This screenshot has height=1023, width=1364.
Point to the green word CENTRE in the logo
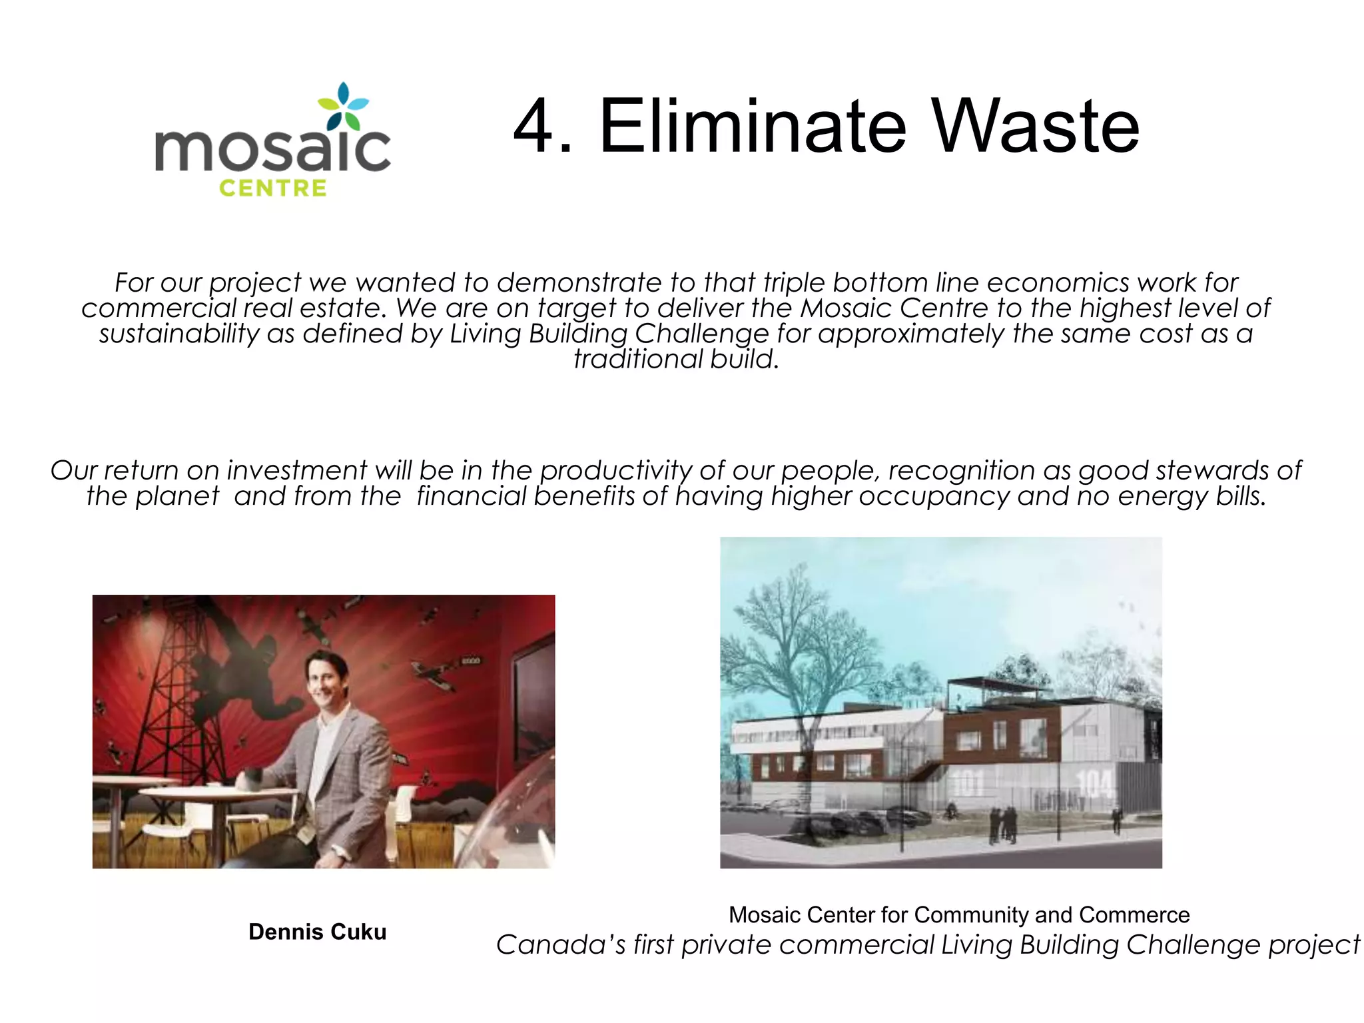pos(273,188)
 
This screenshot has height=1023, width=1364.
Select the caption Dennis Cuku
pos(317,932)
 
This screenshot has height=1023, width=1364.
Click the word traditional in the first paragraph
pos(637,359)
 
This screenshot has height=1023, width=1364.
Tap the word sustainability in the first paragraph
pos(178,334)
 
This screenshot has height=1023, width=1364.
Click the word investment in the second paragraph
pos(296,471)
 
